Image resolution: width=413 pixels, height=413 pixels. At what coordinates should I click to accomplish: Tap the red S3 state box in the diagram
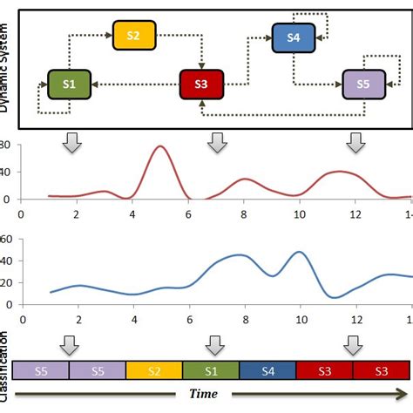202,84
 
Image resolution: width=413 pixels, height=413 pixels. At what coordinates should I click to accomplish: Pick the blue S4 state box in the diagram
294,37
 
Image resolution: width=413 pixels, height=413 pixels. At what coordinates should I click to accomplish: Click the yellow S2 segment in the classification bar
154,370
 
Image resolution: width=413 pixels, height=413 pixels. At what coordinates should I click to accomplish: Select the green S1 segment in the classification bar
211,370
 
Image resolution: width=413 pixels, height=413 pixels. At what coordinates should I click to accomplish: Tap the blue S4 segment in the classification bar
267,370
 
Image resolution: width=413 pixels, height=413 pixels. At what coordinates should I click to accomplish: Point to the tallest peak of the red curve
159,146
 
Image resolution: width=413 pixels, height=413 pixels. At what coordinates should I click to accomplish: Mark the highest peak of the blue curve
300,252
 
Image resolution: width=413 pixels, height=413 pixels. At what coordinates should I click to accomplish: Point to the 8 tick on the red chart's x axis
244,213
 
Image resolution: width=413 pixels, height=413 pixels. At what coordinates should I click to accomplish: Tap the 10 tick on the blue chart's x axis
300,320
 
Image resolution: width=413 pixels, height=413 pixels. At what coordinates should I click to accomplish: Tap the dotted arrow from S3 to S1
135,84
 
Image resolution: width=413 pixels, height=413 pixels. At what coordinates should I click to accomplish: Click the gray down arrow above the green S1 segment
212,345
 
